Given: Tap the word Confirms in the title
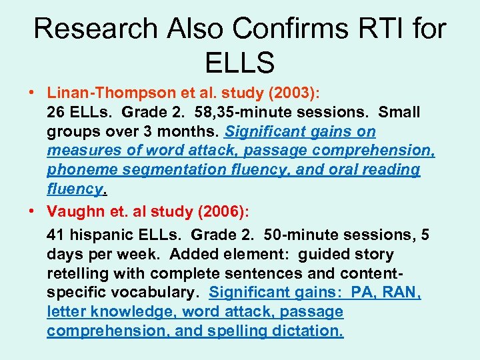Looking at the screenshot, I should (x=291, y=29).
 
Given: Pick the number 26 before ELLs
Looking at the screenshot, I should (x=57, y=113).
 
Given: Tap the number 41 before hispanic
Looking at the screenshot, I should (x=56, y=235).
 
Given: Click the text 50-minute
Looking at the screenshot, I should (x=301, y=235).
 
